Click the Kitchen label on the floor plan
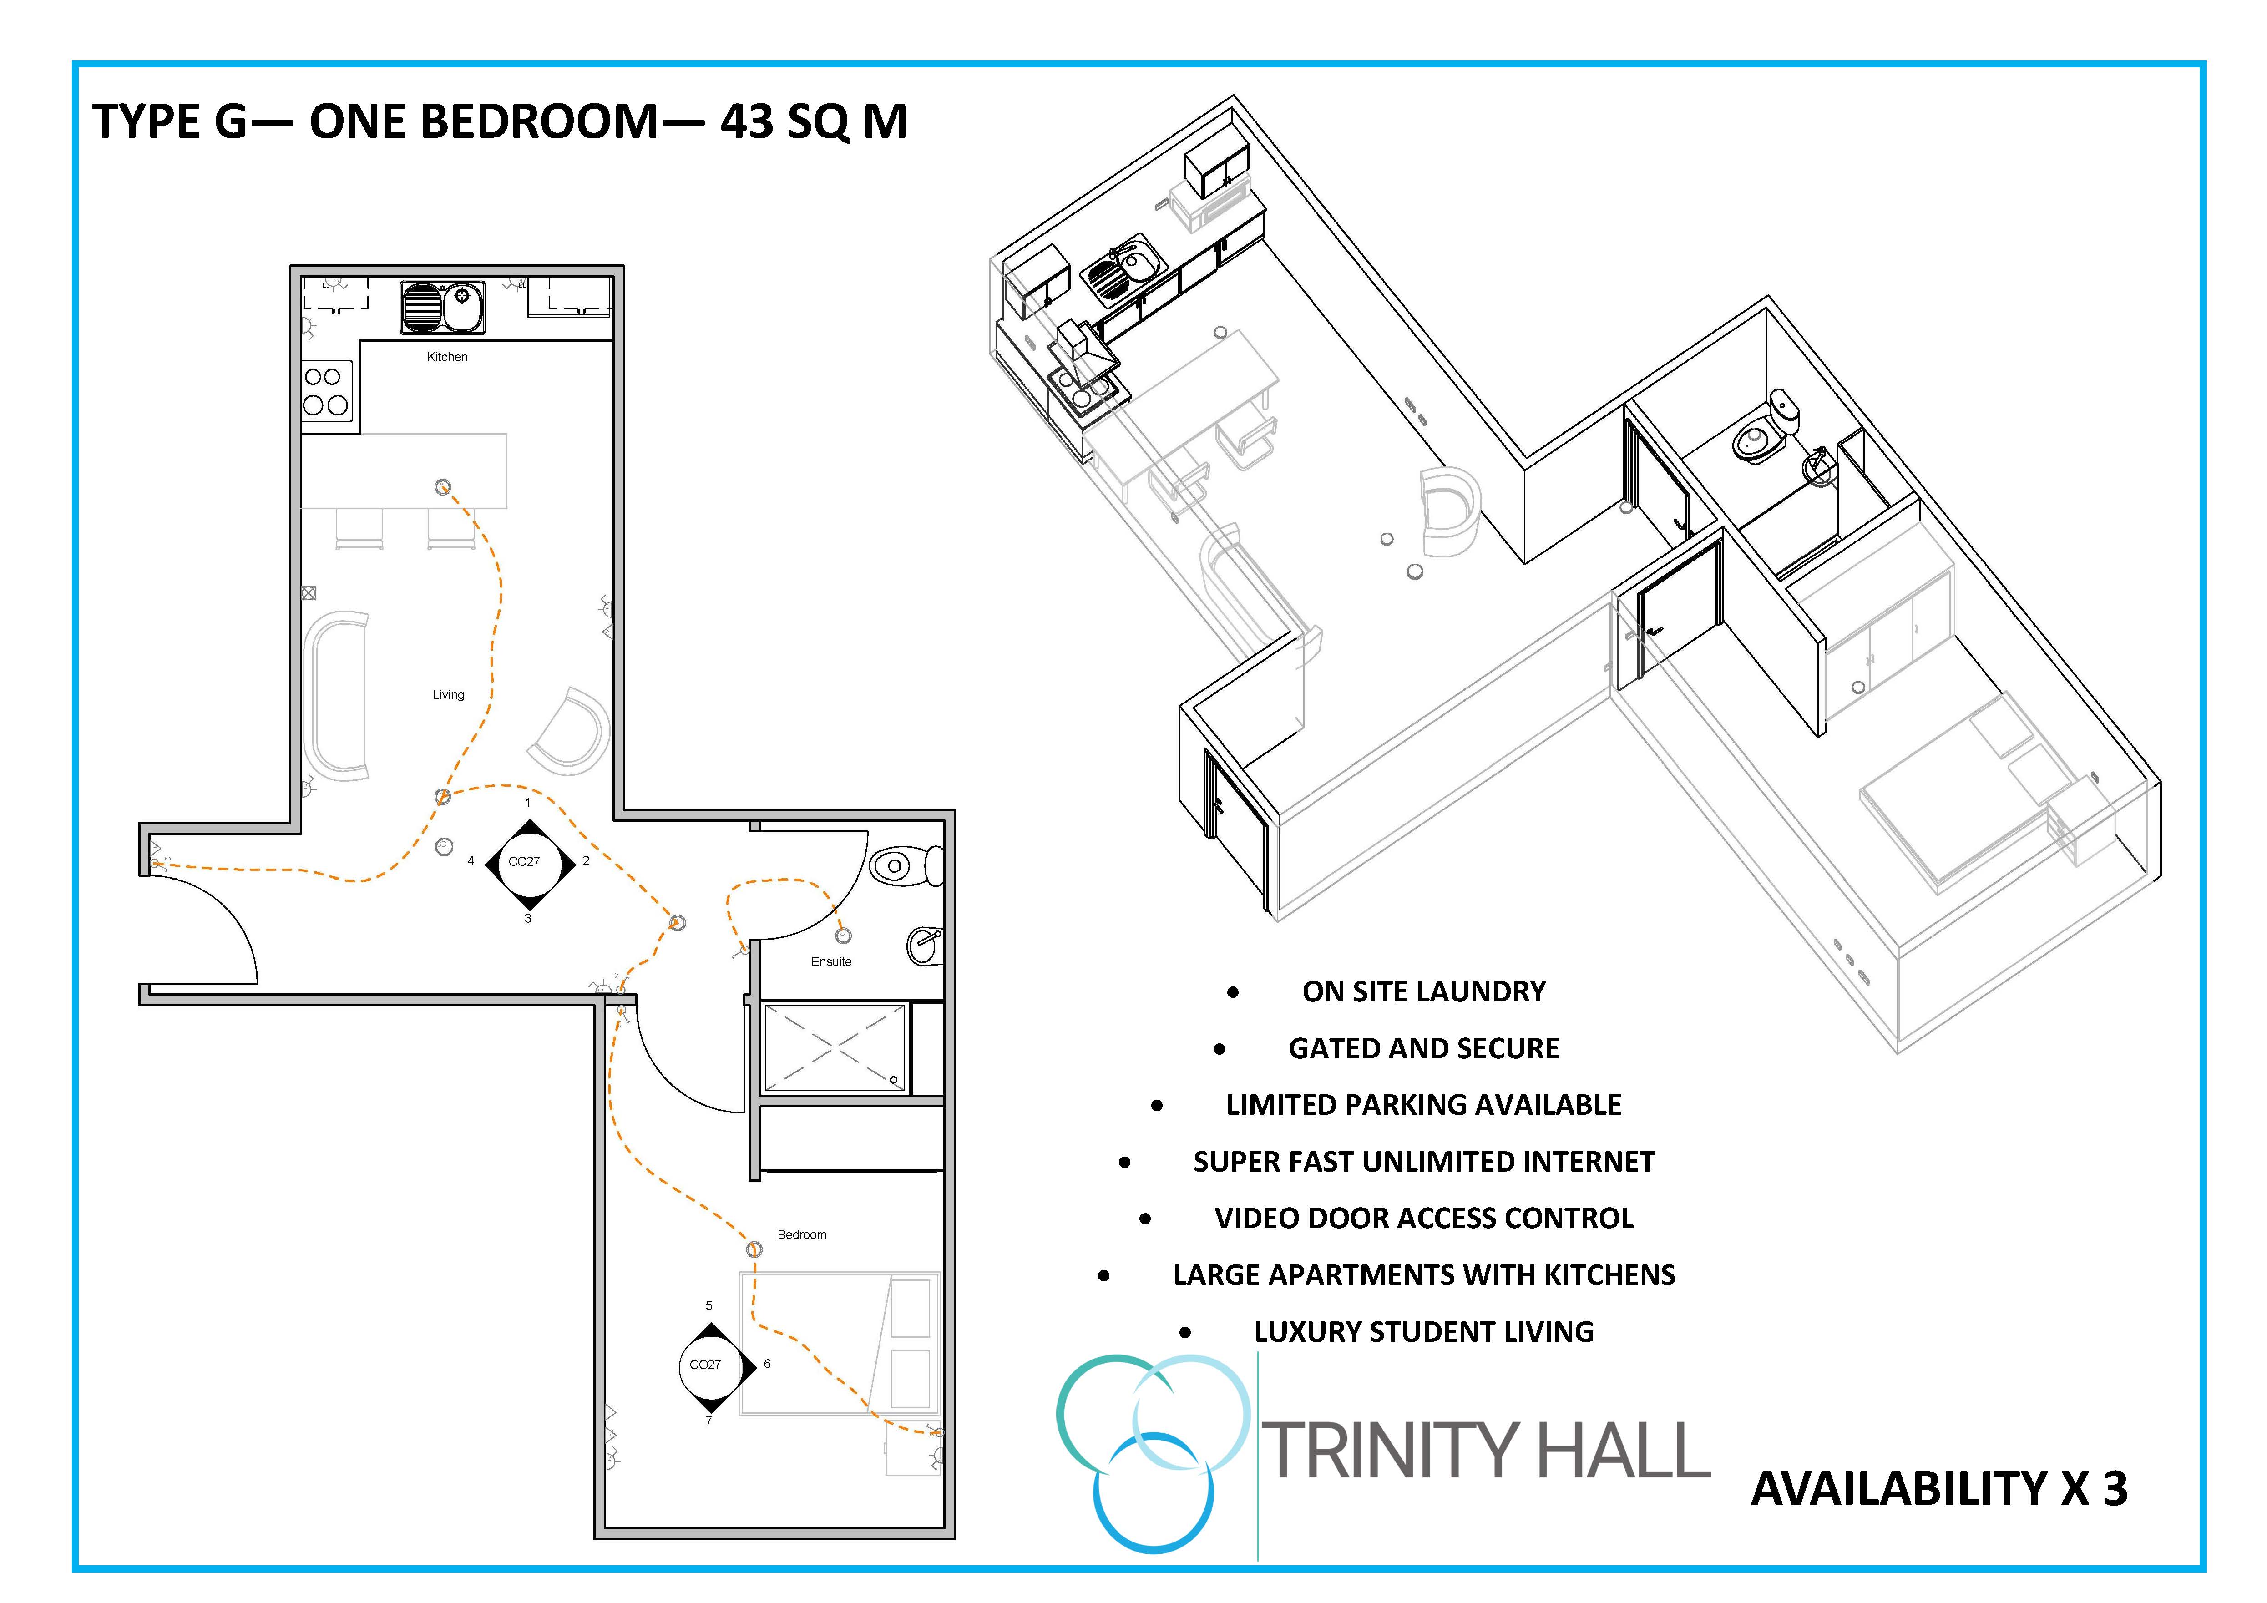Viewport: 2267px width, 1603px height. click(x=447, y=357)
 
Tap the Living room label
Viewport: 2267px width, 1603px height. click(x=448, y=695)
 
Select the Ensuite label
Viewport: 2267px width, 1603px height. click(x=831, y=961)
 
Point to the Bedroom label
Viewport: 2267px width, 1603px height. click(x=802, y=1235)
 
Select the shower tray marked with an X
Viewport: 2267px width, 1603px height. click(x=835, y=1047)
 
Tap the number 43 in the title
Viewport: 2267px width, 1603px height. click(x=746, y=121)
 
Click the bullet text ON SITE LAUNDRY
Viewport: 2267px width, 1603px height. click(x=1424, y=992)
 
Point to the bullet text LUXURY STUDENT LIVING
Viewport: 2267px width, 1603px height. click(x=1424, y=1333)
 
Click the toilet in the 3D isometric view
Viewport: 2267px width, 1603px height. click(x=1766, y=430)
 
